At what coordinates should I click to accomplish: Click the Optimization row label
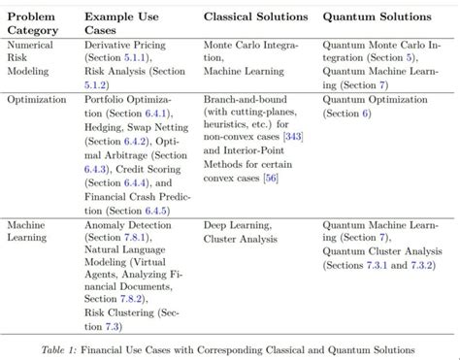(36, 98)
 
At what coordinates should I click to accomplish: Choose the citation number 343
(293, 137)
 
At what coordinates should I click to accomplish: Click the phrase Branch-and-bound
(246, 99)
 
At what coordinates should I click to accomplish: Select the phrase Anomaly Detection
(126, 224)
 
